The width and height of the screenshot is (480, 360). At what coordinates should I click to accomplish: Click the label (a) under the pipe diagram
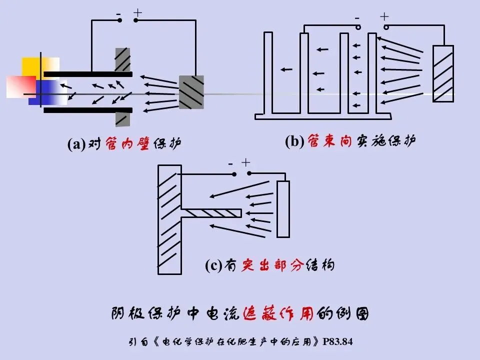(x=76, y=144)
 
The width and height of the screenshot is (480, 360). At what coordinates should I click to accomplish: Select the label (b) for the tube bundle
(x=294, y=142)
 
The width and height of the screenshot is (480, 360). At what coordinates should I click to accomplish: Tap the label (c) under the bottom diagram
(x=213, y=265)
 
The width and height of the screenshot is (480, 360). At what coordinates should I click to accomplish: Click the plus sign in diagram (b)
(x=384, y=16)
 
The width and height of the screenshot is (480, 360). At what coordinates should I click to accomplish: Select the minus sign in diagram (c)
(x=230, y=163)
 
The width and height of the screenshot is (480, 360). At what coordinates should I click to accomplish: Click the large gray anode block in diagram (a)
(x=191, y=91)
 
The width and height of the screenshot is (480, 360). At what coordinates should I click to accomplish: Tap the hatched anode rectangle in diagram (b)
(x=443, y=73)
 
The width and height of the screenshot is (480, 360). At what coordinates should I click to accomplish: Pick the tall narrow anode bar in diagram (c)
(x=283, y=209)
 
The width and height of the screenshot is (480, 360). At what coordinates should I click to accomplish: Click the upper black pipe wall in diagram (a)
(x=88, y=74)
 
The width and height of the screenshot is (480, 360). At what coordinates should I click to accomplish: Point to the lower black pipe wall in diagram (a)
(x=88, y=110)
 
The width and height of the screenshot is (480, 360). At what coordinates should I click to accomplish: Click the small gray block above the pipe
(x=122, y=59)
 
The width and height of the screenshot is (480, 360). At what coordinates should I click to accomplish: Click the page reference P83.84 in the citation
(x=338, y=342)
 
